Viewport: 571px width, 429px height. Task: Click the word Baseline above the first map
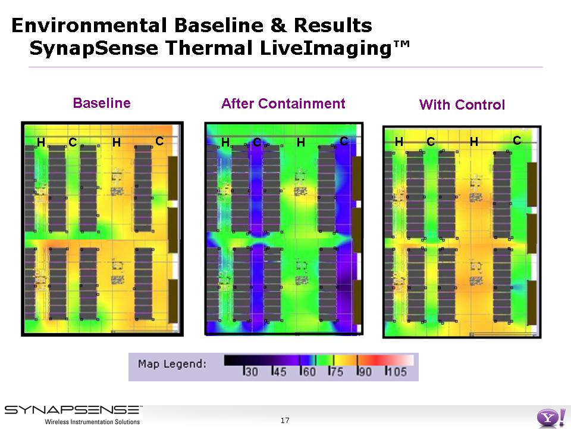click(x=102, y=103)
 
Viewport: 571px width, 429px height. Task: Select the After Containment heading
click(x=283, y=104)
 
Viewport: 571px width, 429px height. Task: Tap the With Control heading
click(x=462, y=105)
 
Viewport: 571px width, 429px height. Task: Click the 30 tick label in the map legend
click(x=251, y=372)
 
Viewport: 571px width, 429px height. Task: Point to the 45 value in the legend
click(x=280, y=372)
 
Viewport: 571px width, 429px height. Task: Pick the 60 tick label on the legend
click(x=309, y=372)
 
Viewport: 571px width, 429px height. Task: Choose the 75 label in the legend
click(x=337, y=372)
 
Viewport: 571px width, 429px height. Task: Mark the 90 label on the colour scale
click(x=365, y=372)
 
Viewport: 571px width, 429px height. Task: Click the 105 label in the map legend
click(x=397, y=372)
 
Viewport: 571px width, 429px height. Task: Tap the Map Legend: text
click(x=172, y=364)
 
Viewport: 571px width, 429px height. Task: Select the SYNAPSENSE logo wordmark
click(x=73, y=410)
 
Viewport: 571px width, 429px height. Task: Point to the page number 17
click(x=285, y=421)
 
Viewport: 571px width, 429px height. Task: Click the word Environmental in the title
click(x=89, y=26)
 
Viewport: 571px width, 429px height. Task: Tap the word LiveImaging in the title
click(x=325, y=48)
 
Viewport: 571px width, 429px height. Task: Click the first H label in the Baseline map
click(x=41, y=142)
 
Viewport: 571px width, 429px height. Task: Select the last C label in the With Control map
click(x=517, y=141)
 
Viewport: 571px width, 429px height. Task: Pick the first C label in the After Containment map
click(x=257, y=142)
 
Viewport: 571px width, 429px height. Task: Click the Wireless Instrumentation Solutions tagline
click(x=92, y=422)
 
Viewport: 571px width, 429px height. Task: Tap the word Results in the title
click(x=333, y=26)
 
